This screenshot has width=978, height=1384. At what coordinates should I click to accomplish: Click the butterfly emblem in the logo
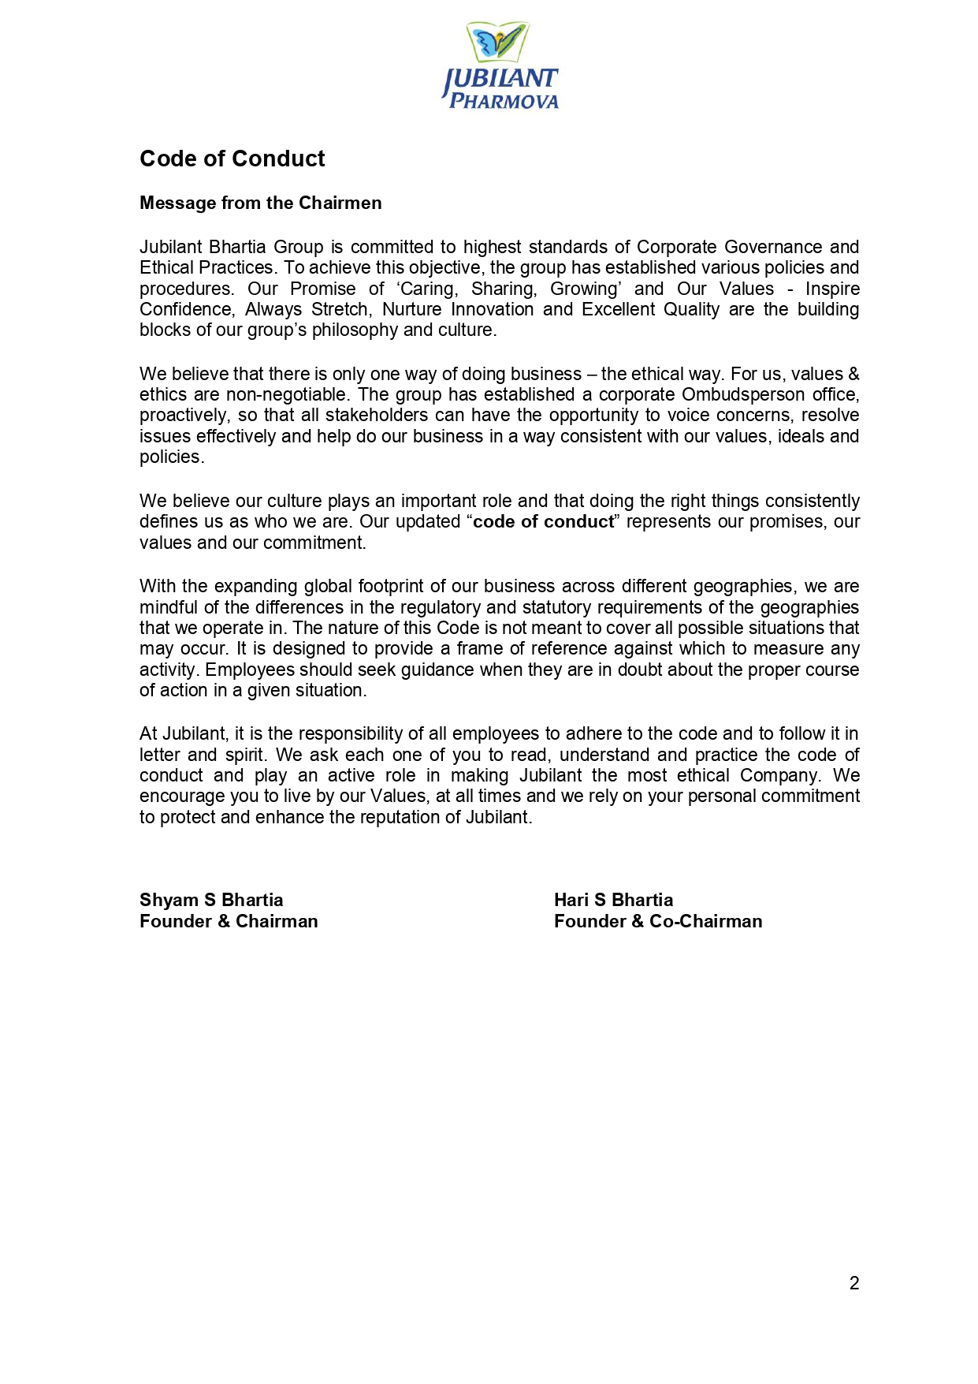497,42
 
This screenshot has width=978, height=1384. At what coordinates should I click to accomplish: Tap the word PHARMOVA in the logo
504,102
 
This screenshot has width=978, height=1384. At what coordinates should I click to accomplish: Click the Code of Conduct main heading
232,159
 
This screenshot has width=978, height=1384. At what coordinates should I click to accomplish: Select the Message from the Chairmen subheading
260,203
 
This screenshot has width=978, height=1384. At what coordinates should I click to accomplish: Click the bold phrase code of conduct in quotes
543,521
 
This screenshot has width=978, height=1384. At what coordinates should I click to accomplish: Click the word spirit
244,755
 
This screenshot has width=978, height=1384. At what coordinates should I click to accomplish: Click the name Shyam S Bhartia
211,900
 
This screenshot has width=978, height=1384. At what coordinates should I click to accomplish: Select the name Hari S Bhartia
613,900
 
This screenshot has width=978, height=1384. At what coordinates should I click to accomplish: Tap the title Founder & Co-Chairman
658,921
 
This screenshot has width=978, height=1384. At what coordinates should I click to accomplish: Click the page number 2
854,1283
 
